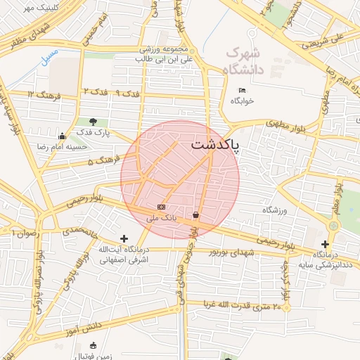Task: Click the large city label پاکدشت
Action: click(x=214, y=146)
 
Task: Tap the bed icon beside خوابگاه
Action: click(x=243, y=90)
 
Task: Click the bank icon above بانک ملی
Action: click(x=162, y=207)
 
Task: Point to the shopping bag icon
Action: click(x=195, y=214)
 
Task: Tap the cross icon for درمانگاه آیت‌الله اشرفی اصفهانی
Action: click(x=124, y=239)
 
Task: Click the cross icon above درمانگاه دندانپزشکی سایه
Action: click(x=324, y=243)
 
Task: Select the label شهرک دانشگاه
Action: click(x=242, y=61)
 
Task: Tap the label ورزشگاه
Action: click(x=276, y=210)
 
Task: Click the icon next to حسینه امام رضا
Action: click(x=63, y=136)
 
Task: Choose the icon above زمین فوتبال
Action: click(x=94, y=346)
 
